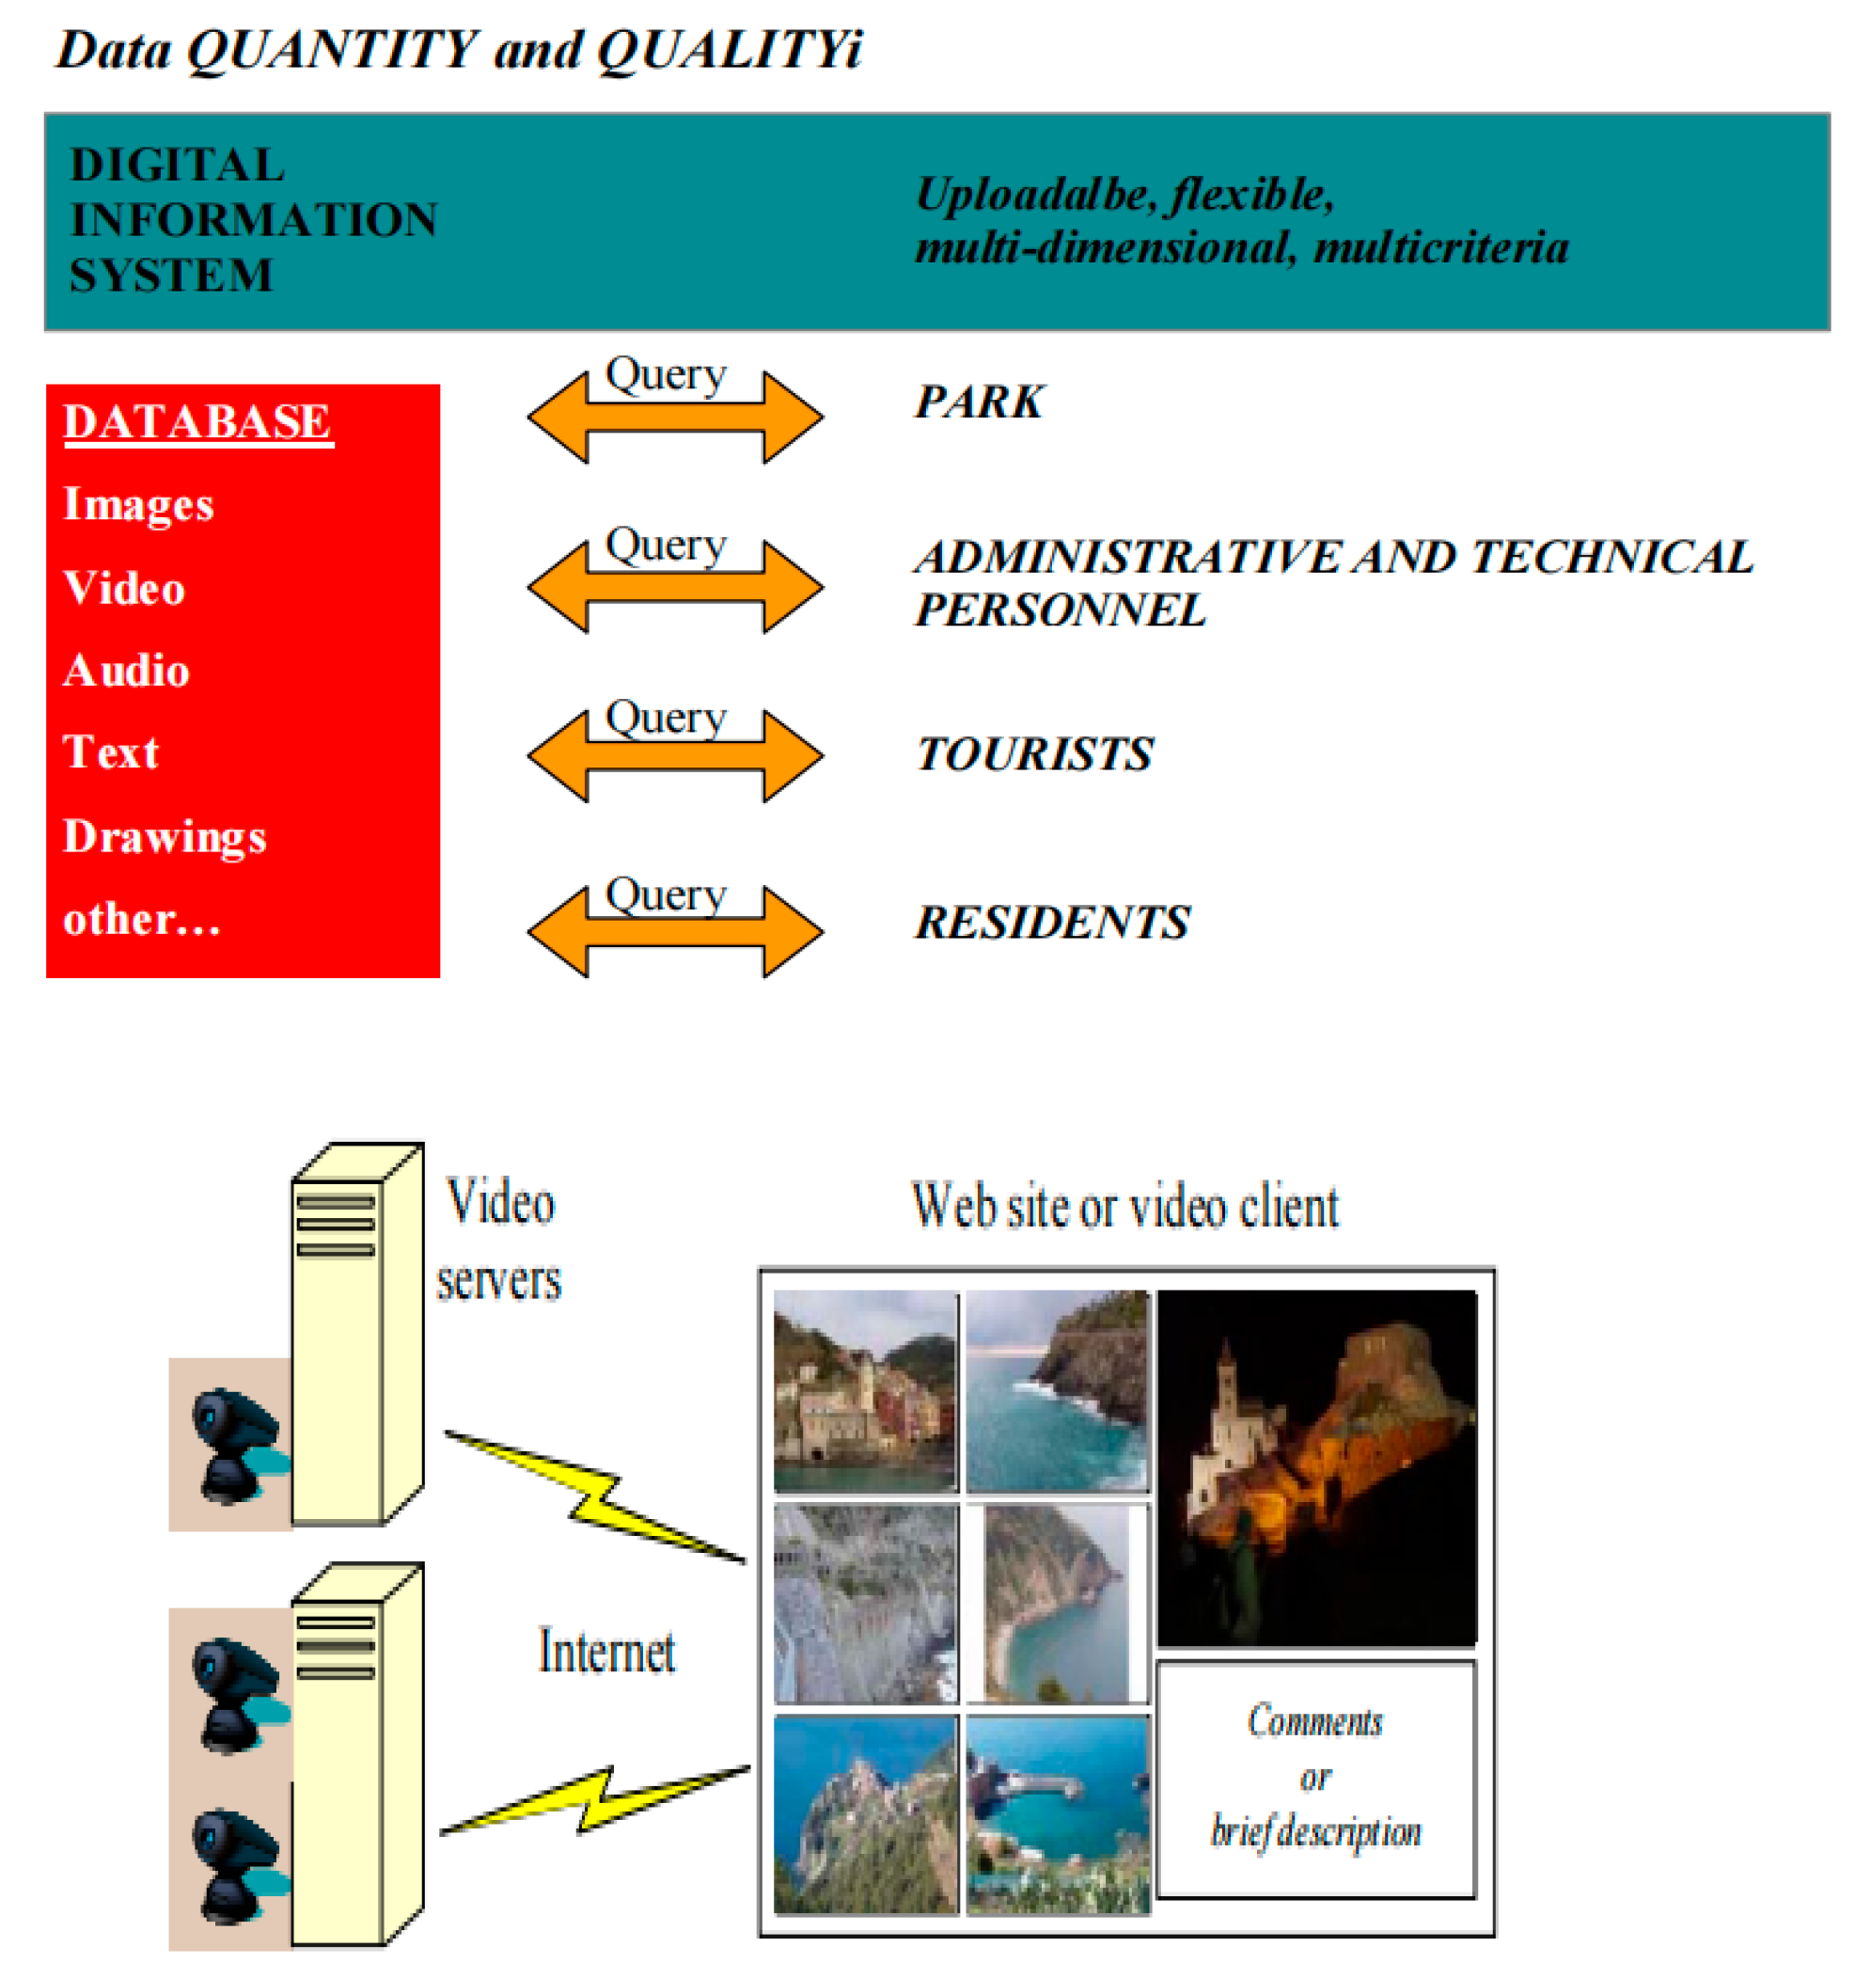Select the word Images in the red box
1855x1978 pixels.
[138, 504]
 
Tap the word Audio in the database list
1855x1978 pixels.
[126, 671]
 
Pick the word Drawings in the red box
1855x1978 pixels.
[165, 837]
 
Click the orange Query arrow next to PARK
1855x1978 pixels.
[674, 417]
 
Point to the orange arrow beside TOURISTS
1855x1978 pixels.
[674, 756]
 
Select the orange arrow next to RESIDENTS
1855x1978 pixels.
[674, 932]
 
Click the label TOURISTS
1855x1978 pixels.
[1033, 754]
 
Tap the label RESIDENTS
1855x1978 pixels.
[1051, 923]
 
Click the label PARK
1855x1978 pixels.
[979, 403]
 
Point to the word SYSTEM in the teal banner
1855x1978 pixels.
[171, 276]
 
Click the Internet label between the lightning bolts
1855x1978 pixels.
[605, 1653]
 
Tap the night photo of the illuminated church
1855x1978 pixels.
[1316, 1467]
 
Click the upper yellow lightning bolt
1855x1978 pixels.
[595, 1495]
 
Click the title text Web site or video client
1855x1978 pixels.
[1124, 1207]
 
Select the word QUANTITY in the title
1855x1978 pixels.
[333, 50]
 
